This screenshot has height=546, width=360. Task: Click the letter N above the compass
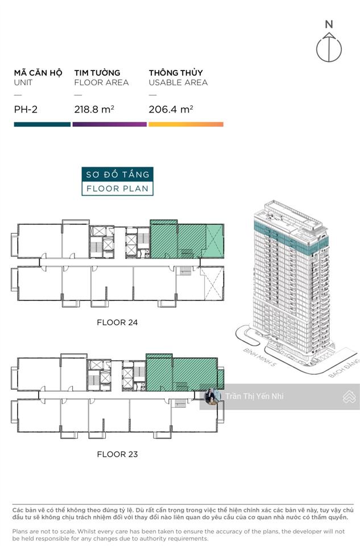click(329, 24)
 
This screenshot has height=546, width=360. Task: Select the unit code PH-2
click(26, 110)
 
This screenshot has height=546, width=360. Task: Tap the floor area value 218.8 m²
click(93, 110)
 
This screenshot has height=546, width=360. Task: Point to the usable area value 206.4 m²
click(171, 110)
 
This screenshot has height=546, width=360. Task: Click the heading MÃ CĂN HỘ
click(39, 73)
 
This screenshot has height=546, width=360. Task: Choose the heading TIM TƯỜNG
click(97, 73)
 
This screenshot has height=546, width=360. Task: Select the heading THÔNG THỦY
click(176, 73)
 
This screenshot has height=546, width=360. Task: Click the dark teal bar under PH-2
click(42, 124)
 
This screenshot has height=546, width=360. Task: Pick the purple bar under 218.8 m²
click(110, 124)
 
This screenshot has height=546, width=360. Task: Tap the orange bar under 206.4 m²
click(186, 124)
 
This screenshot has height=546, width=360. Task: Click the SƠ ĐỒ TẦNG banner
click(117, 174)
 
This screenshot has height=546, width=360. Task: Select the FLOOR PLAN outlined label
click(117, 188)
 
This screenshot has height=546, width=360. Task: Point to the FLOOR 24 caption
click(117, 322)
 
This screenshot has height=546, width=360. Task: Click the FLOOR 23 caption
click(117, 454)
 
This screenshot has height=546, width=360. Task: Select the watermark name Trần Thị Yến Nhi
click(254, 396)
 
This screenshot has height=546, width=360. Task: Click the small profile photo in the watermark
click(213, 396)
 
